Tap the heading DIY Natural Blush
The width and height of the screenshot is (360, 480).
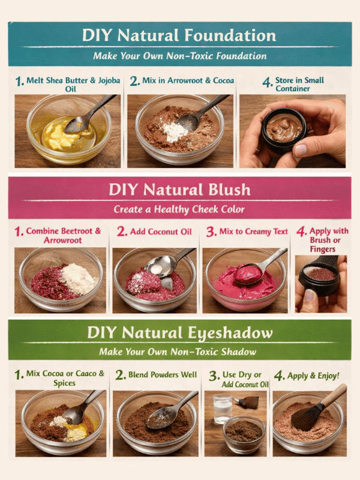point(179,190)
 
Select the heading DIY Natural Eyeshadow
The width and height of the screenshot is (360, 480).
point(179,332)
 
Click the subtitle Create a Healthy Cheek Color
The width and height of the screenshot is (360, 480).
point(179,210)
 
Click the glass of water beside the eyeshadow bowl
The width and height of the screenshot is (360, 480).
point(222,409)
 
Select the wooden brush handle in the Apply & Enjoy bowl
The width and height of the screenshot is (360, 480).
point(335,394)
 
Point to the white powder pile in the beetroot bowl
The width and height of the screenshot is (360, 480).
point(79,277)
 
